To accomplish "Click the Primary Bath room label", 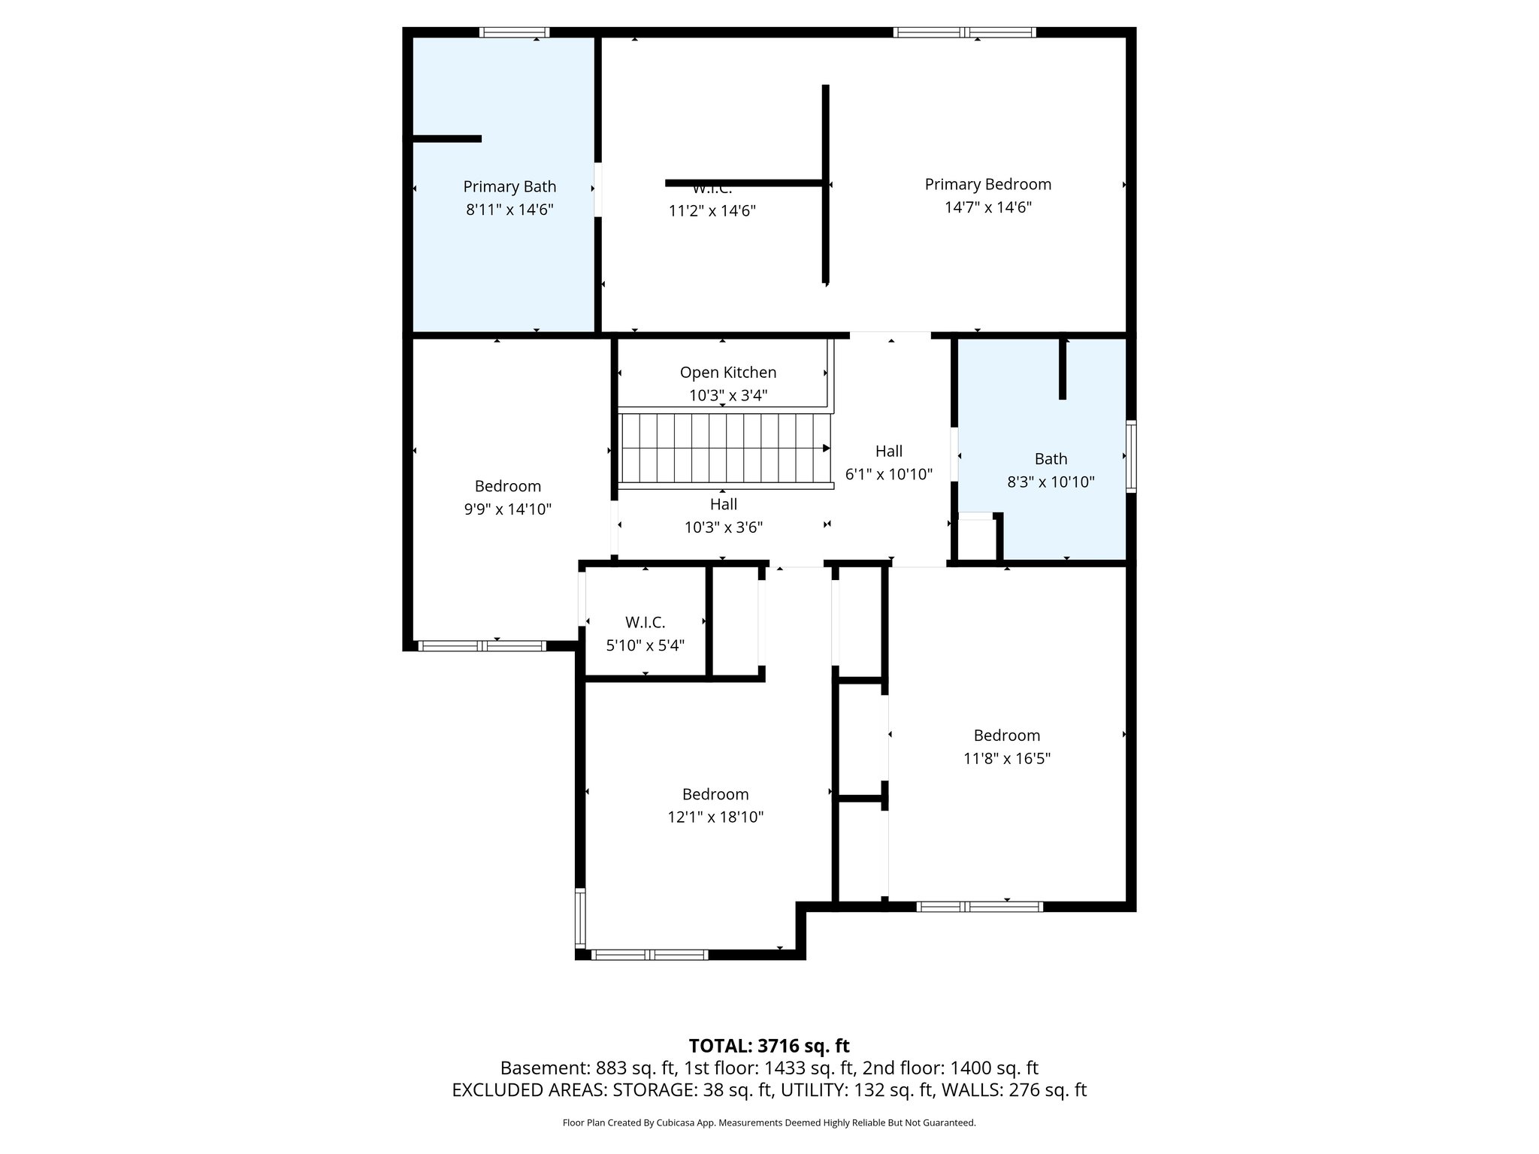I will coord(509,186).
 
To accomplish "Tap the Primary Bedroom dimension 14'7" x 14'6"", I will coord(987,207).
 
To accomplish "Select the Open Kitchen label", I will coord(727,372).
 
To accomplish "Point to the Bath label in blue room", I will coord(1051,458).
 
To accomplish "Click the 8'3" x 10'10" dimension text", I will coord(1051,482).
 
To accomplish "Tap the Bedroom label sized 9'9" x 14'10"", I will coord(507,486).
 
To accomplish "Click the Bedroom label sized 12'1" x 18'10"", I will coord(715,794).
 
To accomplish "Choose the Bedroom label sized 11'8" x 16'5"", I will coord(1006,736).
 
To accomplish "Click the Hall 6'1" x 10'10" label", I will coord(888,451).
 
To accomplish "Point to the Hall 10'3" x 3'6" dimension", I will coord(723,527).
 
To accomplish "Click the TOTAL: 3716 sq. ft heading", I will coord(769,1046).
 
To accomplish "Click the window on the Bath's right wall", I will coord(1130,457).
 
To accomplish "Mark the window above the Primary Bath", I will coord(514,32).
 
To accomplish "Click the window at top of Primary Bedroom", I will coord(964,32).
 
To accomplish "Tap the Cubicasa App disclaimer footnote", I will coord(769,1123).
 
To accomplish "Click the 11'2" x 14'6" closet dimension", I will coord(712,211).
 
